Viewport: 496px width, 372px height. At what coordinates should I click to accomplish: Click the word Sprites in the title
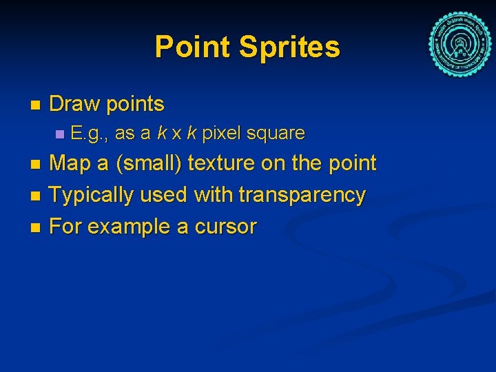[289, 48]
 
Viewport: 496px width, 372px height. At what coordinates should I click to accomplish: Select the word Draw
[74, 105]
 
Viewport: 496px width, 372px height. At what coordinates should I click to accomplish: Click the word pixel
[219, 132]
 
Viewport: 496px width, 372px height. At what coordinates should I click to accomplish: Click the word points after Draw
[134, 105]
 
